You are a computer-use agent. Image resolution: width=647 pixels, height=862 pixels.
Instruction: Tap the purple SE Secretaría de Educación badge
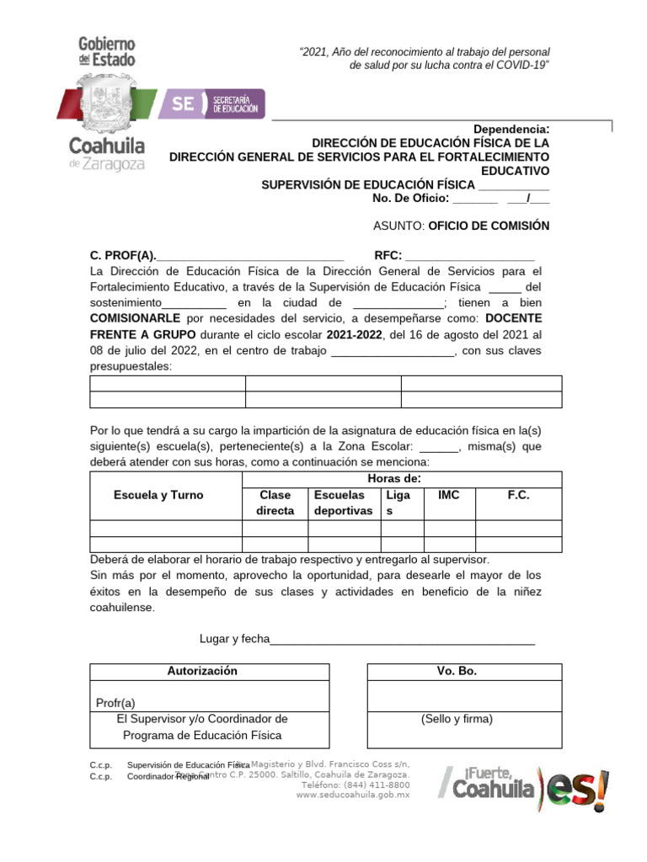tap(214, 104)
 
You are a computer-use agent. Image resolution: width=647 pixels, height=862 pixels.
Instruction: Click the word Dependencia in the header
tap(510, 129)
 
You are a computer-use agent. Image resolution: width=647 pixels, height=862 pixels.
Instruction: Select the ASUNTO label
tap(398, 226)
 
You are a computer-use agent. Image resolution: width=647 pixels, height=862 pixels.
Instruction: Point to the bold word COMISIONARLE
tap(135, 318)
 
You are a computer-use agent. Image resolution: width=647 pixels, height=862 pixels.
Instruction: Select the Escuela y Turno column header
tap(158, 495)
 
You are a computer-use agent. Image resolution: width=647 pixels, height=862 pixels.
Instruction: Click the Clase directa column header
tap(275, 503)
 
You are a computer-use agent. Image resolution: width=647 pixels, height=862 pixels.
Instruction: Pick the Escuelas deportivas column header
tap(343, 503)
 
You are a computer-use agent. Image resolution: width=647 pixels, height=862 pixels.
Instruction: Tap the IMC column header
tap(449, 495)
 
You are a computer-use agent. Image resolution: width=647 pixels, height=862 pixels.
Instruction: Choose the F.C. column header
tap(518, 495)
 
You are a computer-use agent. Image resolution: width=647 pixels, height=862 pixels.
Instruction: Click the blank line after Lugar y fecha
tap(402, 639)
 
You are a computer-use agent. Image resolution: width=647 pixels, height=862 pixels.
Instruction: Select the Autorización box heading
tap(202, 671)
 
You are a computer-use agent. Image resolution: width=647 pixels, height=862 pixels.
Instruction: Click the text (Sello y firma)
tap(457, 719)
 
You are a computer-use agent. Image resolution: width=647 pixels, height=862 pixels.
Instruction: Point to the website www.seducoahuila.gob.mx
tap(352, 794)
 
